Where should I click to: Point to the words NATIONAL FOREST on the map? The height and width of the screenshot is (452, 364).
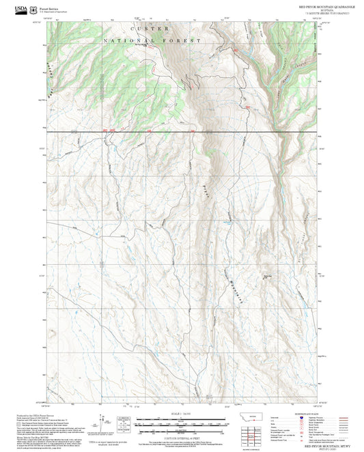click(x=154, y=41)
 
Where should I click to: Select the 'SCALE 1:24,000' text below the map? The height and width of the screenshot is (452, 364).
click(x=182, y=414)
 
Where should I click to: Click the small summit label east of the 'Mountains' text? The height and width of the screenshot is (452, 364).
click(x=267, y=277)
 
